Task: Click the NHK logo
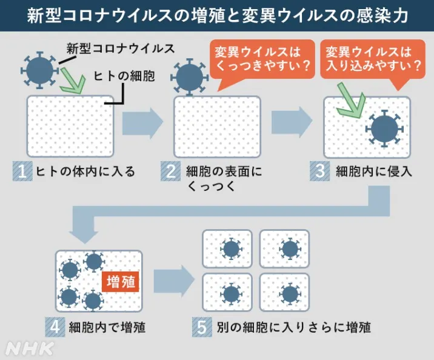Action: (30, 348)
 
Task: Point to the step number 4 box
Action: (54, 327)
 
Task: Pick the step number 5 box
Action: (201, 327)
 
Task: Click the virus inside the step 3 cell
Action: (385, 128)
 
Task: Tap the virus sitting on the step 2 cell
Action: (189, 76)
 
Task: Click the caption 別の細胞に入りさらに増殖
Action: (293, 327)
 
